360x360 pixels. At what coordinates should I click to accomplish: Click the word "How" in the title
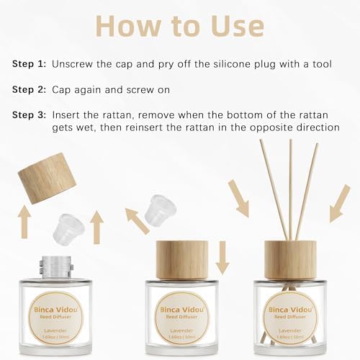[128, 26]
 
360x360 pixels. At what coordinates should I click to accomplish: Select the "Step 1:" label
[29, 64]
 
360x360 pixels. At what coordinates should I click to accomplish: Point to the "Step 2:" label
[29, 89]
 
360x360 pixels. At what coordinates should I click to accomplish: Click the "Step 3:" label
[29, 115]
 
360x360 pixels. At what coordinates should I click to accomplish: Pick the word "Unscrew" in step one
[72, 64]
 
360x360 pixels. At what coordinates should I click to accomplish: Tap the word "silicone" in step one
[232, 64]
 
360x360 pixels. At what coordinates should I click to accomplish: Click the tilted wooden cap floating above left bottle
[47, 179]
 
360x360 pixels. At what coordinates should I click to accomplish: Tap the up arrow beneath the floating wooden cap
[24, 222]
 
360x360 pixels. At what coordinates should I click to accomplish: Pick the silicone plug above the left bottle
[68, 228]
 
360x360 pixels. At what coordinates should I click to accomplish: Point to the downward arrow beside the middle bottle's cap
[222, 258]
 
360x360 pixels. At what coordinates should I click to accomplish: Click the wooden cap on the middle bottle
[182, 261]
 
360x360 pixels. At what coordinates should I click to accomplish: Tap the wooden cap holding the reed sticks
[290, 260]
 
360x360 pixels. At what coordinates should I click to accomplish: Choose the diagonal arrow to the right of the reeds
[340, 204]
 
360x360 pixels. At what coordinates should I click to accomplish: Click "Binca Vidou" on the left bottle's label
[56, 310]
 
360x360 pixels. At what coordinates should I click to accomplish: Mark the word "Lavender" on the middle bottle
[181, 330]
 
